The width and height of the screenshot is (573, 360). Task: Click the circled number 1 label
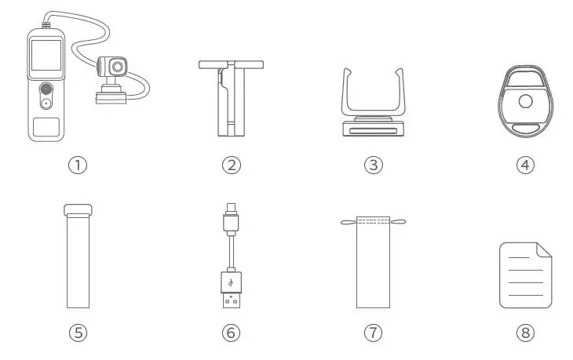click(78, 165)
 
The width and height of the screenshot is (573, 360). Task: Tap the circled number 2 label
click(230, 165)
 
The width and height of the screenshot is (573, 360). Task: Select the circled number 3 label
click(373, 165)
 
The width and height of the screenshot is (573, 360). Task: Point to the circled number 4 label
click(525, 165)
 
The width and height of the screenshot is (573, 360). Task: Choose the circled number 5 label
click(78, 333)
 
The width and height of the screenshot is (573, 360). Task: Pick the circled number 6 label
click(230, 333)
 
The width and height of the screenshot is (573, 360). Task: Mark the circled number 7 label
click(373, 333)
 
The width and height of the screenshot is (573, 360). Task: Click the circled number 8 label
click(525, 333)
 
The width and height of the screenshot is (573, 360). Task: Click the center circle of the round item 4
click(525, 102)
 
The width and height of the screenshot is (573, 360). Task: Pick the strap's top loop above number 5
click(78, 209)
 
